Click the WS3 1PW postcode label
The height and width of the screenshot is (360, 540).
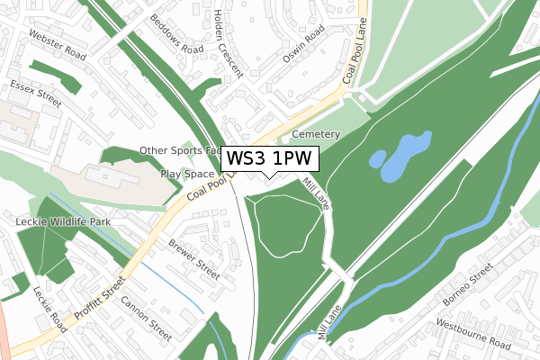(269, 158)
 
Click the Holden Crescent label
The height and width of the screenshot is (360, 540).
(229, 42)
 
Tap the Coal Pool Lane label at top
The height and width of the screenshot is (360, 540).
(355, 54)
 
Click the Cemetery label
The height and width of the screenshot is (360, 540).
(315, 134)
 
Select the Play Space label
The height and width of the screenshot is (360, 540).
(187, 174)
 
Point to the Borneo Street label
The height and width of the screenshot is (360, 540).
(469, 287)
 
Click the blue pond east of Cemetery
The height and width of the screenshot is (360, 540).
(401, 156)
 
